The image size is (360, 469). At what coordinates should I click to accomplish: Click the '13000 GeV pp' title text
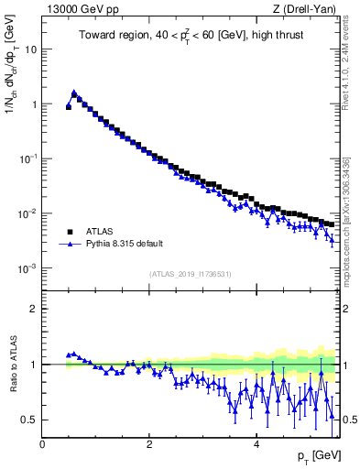[x=80, y=10]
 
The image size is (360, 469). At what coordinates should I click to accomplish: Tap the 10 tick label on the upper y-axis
[x=30, y=49]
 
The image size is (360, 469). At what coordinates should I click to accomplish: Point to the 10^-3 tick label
[x=27, y=268]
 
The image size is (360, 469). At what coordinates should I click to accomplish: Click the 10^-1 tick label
[x=27, y=158]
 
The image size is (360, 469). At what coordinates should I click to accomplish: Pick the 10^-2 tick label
[x=27, y=213]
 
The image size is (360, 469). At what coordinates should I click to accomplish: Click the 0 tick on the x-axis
[x=42, y=443]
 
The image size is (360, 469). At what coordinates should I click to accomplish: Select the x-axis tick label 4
[x=256, y=443]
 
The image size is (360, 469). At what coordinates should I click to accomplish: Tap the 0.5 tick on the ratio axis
[x=28, y=420]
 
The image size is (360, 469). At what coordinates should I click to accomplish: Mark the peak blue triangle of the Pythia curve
[x=74, y=93]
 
